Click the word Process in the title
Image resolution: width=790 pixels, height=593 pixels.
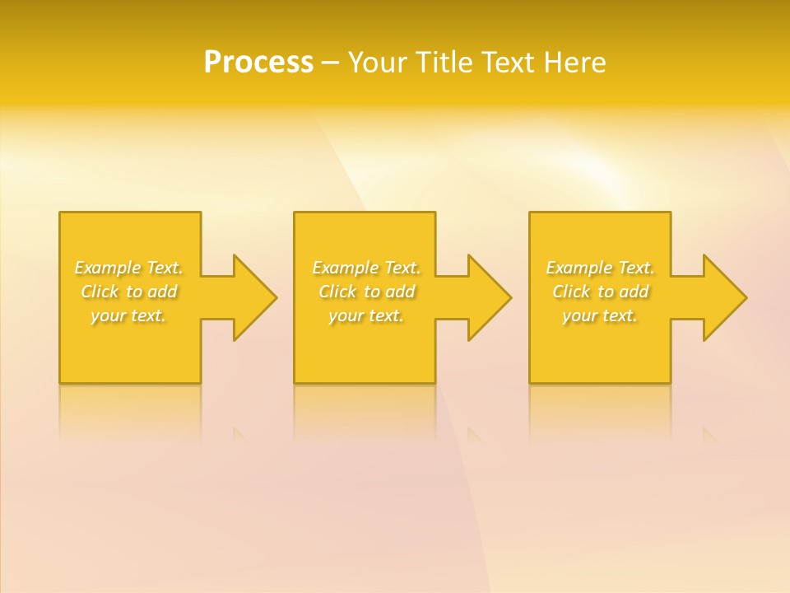(258, 63)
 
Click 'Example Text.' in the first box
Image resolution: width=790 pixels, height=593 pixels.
(128, 268)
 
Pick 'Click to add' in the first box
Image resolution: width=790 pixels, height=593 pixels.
(129, 292)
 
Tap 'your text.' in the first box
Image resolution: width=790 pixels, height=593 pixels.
(128, 315)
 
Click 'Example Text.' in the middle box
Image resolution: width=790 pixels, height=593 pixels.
(366, 268)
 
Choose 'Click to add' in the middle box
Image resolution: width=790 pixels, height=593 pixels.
(366, 292)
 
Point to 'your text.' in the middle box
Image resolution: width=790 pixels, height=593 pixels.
(366, 315)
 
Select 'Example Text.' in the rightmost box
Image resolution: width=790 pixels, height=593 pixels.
(600, 268)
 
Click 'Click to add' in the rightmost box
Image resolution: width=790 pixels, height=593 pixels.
(601, 292)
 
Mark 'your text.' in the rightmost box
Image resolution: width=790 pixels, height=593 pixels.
(600, 315)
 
